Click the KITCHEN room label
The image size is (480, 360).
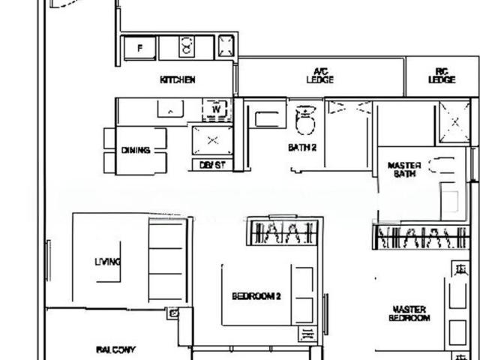(178, 79)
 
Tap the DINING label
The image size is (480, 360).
(136, 150)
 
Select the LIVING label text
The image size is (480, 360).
(107, 262)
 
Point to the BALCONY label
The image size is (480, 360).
(115, 349)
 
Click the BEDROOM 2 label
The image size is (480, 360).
(256, 296)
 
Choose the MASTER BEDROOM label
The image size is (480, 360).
(409, 313)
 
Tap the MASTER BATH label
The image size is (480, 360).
(404, 169)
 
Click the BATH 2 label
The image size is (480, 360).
(302, 148)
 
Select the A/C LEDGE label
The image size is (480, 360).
(321, 76)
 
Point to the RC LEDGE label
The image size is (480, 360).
(442, 76)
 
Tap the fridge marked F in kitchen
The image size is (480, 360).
(139, 48)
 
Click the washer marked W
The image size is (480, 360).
(215, 109)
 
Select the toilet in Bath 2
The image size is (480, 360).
(306, 119)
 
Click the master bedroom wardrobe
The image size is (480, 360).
(424, 237)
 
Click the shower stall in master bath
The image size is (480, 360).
(454, 121)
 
